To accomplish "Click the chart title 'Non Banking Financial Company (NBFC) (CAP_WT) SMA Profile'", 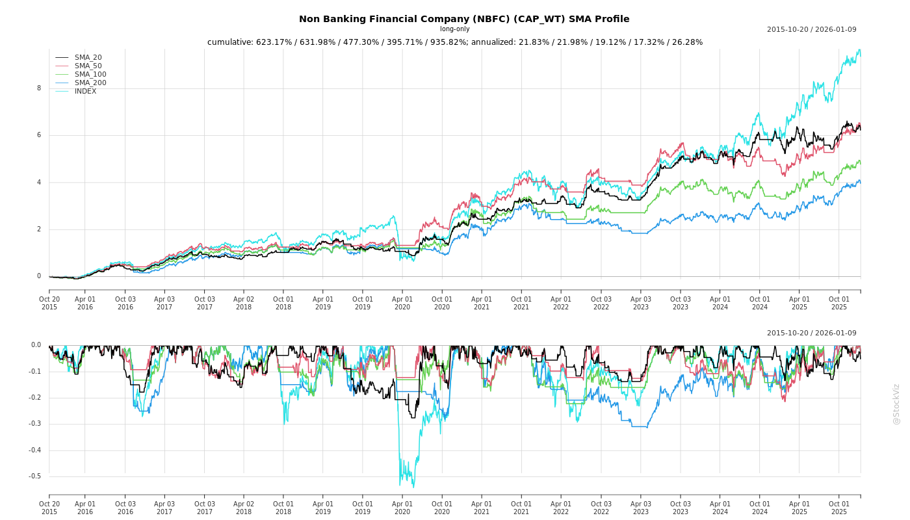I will pos(464,19).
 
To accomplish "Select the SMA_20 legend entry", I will pos(88,58).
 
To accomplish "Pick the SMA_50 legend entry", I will pos(88,66).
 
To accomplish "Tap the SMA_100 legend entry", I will pos(90,75).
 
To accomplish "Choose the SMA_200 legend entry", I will pos(90,83).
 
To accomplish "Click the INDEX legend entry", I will pos(85,92).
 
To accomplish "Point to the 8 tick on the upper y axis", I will pos(39,88).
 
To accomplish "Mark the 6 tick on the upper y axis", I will pos(39,135).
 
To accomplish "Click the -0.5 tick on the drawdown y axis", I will pos(34,476).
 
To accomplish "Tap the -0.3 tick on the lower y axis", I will pos(34,424).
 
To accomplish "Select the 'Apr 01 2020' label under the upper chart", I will pos(402,303).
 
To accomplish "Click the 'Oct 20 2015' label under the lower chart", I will pos(49,508).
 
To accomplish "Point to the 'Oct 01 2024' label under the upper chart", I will pos(760,303).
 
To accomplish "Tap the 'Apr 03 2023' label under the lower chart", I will pos(641,508).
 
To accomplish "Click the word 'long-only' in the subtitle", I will pos(454,29).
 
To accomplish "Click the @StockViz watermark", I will pos(896,404).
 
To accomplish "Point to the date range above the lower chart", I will pos(811,333).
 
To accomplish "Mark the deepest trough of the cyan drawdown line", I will pos(413,487).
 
